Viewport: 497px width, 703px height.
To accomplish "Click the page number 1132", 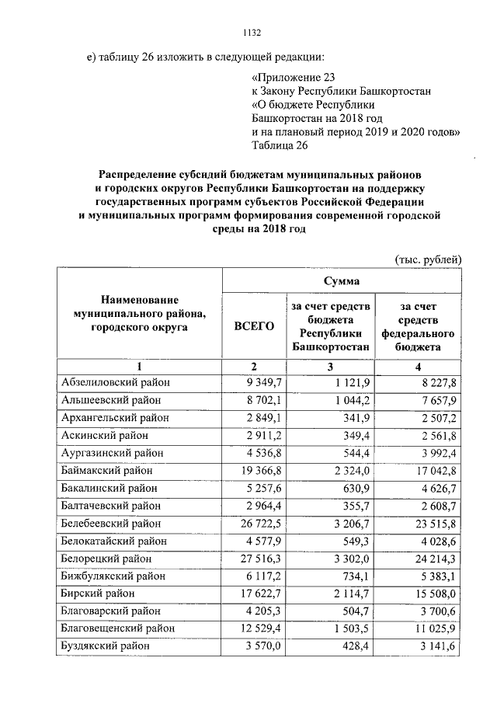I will click(x=248, y=32).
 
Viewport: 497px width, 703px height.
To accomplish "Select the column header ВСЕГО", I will click(x=254, y=326).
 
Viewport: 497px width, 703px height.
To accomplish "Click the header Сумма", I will click(x=335, y=280).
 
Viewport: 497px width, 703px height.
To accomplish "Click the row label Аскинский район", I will click(x=101, y=436).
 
